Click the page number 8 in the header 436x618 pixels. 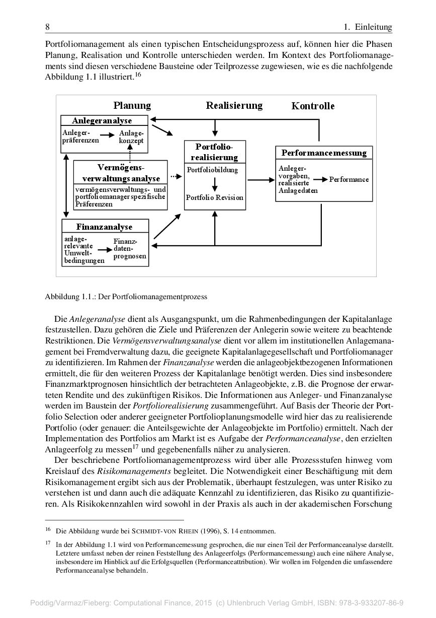click(x=47, y=27)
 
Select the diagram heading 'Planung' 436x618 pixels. click(x=132, y=105)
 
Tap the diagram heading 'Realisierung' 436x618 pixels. click(x=234, y=105)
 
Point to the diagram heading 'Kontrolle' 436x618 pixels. click(x=313, y=106)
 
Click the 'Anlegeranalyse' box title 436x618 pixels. click(x=102, y=120)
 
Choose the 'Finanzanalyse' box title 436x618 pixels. click(x=105, y=227)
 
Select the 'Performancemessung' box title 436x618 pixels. click(x=324, y=153)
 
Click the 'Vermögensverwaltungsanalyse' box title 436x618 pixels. click(x=121, y=173)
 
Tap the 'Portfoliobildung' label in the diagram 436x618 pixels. click(x=212, y=170)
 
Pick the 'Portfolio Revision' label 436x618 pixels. click(x=214, y=197)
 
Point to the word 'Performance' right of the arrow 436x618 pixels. click(x=349, y=179)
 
